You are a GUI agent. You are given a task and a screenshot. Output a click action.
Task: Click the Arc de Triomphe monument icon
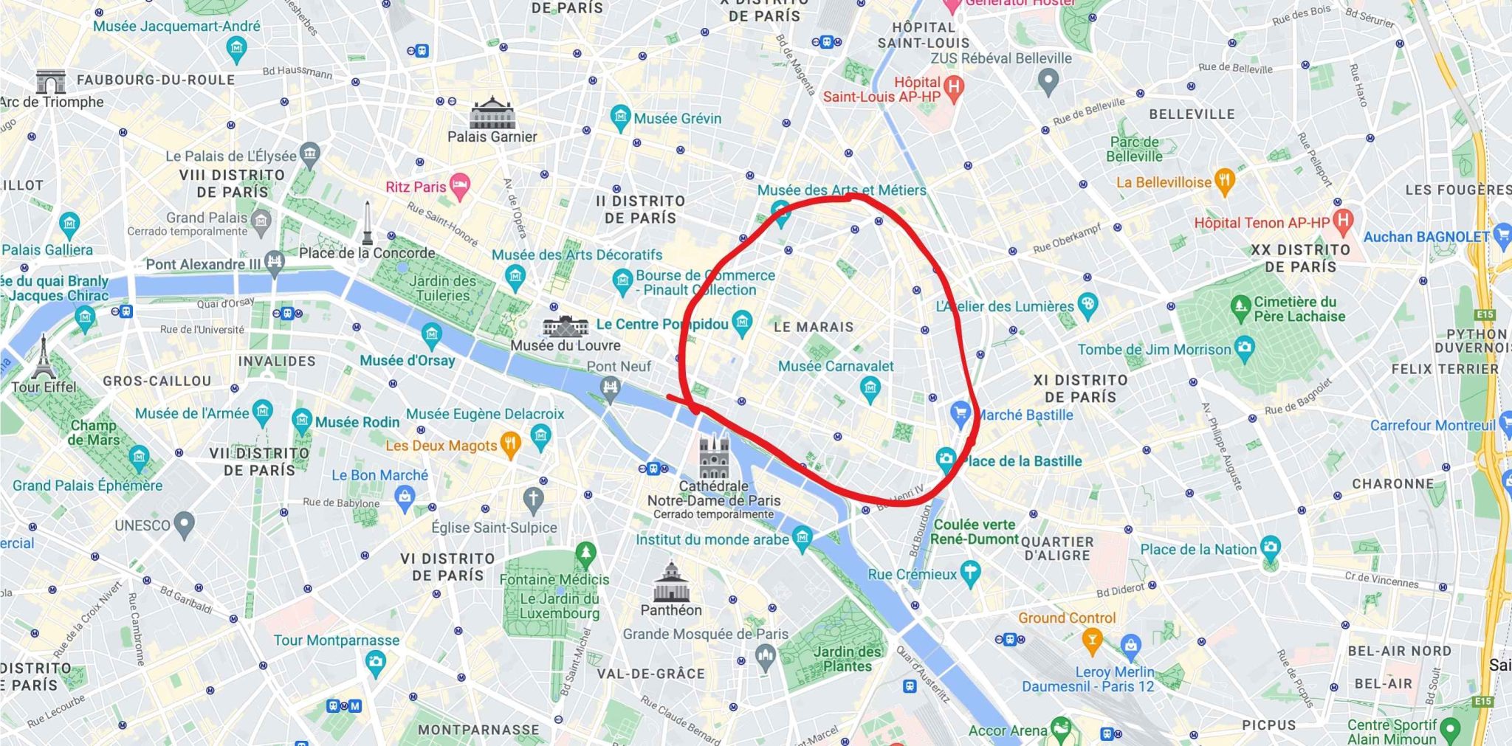(x=50, y=81)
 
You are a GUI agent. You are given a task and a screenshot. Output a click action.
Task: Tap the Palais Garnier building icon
(x=492, y=112)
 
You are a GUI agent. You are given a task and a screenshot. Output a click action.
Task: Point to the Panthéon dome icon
(x=671, y=582)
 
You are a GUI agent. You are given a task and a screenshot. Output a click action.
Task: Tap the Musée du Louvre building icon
(x=566, y=325)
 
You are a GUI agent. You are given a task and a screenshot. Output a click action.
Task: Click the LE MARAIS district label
(x=814, y=327)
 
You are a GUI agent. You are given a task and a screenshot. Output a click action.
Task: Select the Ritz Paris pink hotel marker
(x=459, y=187)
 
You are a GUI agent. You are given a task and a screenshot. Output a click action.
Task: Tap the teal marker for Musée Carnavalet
(x=870, y=387)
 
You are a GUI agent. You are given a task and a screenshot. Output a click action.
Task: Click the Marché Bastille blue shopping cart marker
(x=960, y=412)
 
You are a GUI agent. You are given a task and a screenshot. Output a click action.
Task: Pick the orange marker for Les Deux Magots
(x=510, y=444)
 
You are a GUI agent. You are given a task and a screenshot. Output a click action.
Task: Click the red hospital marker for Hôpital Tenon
(x=1343, y=220)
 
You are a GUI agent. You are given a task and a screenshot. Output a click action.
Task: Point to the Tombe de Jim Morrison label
(x=1154, y=350)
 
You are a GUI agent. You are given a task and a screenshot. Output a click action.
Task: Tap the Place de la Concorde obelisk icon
(x=367, y=223)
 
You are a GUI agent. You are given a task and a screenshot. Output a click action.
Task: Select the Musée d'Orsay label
(x=408, y=361)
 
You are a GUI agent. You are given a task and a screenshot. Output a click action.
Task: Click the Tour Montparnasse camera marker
(x=376, y=662)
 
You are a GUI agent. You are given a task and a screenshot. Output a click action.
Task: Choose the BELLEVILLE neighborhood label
(x=1192, y=114)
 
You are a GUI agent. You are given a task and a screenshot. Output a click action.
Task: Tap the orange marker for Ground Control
(x=1091, y=640)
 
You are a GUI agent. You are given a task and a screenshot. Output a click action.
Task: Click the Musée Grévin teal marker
(x=620, y=117)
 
